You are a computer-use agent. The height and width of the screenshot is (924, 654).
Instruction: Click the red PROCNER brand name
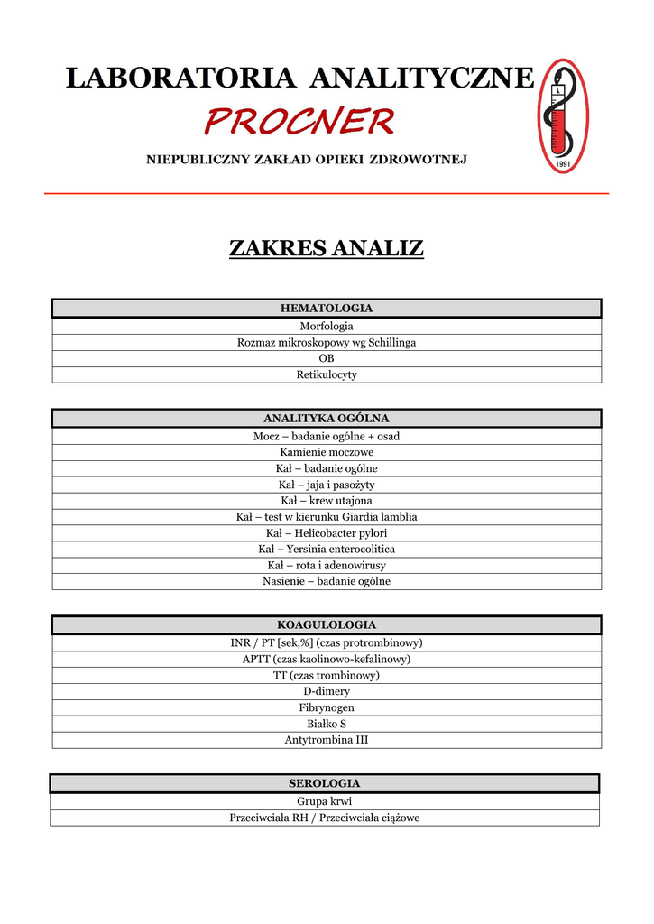[x=299, y=120]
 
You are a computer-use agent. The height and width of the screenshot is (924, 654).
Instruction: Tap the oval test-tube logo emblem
[x=563, y=115]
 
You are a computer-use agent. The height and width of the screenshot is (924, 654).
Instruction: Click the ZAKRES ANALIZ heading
[x=326, y=248]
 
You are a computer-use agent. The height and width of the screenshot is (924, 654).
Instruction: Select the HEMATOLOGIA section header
[x=326, y=309]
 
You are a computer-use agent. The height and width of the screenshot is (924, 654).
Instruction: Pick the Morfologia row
[x=326, y=326]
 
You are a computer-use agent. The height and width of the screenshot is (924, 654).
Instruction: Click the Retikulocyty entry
[x=326, y=374]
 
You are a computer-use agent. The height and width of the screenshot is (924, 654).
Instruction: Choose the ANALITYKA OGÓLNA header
[x=326, y=419]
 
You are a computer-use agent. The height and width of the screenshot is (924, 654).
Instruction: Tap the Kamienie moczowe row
[x=326, y=452]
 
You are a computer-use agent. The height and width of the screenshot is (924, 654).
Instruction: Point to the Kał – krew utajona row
[x=326, y=501]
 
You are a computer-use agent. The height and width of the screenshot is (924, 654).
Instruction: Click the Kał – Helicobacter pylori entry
[x=326, y=533]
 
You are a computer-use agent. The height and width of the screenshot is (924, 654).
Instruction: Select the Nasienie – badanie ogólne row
[x=326, y=581]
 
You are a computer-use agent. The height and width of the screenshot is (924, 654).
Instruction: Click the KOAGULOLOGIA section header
[x=326, y=625]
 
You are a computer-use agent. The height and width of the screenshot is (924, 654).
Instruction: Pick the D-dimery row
[x=326, y=691]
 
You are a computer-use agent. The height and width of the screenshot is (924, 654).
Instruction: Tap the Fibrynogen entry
[x=326, y=707]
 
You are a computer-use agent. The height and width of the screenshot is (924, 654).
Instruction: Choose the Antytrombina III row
[x=326, y=740]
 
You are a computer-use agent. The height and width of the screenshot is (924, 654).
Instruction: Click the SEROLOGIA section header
[x=324, y=783]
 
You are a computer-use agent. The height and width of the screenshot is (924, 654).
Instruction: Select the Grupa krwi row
[x=324, y=801]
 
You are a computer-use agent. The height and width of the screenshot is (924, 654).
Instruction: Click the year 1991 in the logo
[x=563, y=163]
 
